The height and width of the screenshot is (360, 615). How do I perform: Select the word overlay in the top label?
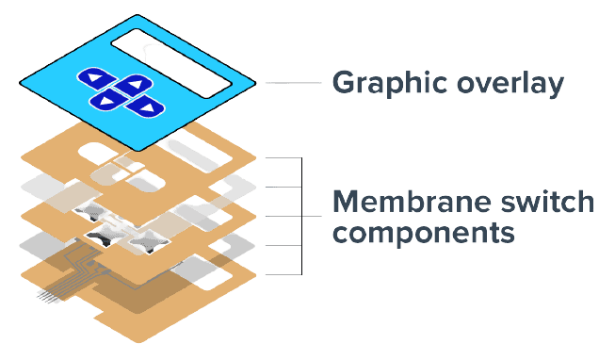(x=510, y=83)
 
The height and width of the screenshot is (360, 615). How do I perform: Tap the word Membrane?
(x=411, y=202)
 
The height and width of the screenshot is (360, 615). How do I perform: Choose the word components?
(x=423, y=233)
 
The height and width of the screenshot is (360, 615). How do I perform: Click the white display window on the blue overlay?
(x=171, y=63)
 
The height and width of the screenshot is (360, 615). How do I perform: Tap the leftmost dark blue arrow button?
(x=96, y=78)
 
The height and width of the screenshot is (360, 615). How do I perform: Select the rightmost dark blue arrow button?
(x=145, y=106)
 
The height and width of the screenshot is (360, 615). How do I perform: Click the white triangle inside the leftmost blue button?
(x=94, y=77)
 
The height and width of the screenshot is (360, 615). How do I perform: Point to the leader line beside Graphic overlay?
(x=294, y=83)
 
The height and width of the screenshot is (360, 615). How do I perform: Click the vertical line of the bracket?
(x=301, y=217)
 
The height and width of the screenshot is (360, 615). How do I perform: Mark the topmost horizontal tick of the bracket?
(x=283, y=157)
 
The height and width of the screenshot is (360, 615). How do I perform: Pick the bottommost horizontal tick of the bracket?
(x=283, y=274)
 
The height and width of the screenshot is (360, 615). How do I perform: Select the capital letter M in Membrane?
(x=348, y=202)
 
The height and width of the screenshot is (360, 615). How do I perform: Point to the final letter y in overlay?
(x=554, y=87)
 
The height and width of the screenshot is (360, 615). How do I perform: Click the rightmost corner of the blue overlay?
(x=256, y=83)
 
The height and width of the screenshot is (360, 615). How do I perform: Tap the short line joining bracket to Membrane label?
(x=312, y=217)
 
